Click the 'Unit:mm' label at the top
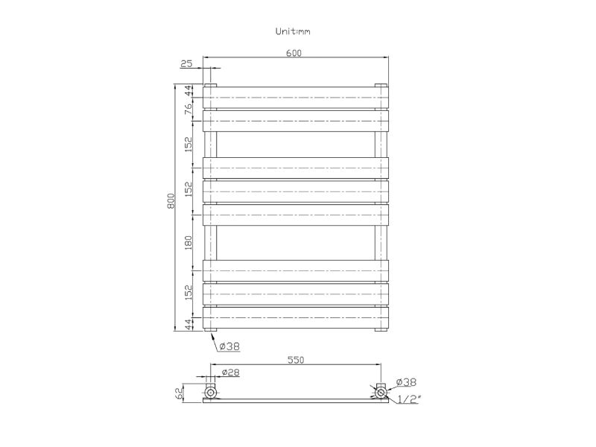click(293, 31)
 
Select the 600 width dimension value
click(294, 53)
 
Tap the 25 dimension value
click(186, 63)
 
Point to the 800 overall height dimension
click(171, 201)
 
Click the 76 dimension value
click(188, 109)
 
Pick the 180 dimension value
click(188, 243)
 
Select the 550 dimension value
click(296, 360)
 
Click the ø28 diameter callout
click(230, 372)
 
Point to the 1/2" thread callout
click(408, 399)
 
